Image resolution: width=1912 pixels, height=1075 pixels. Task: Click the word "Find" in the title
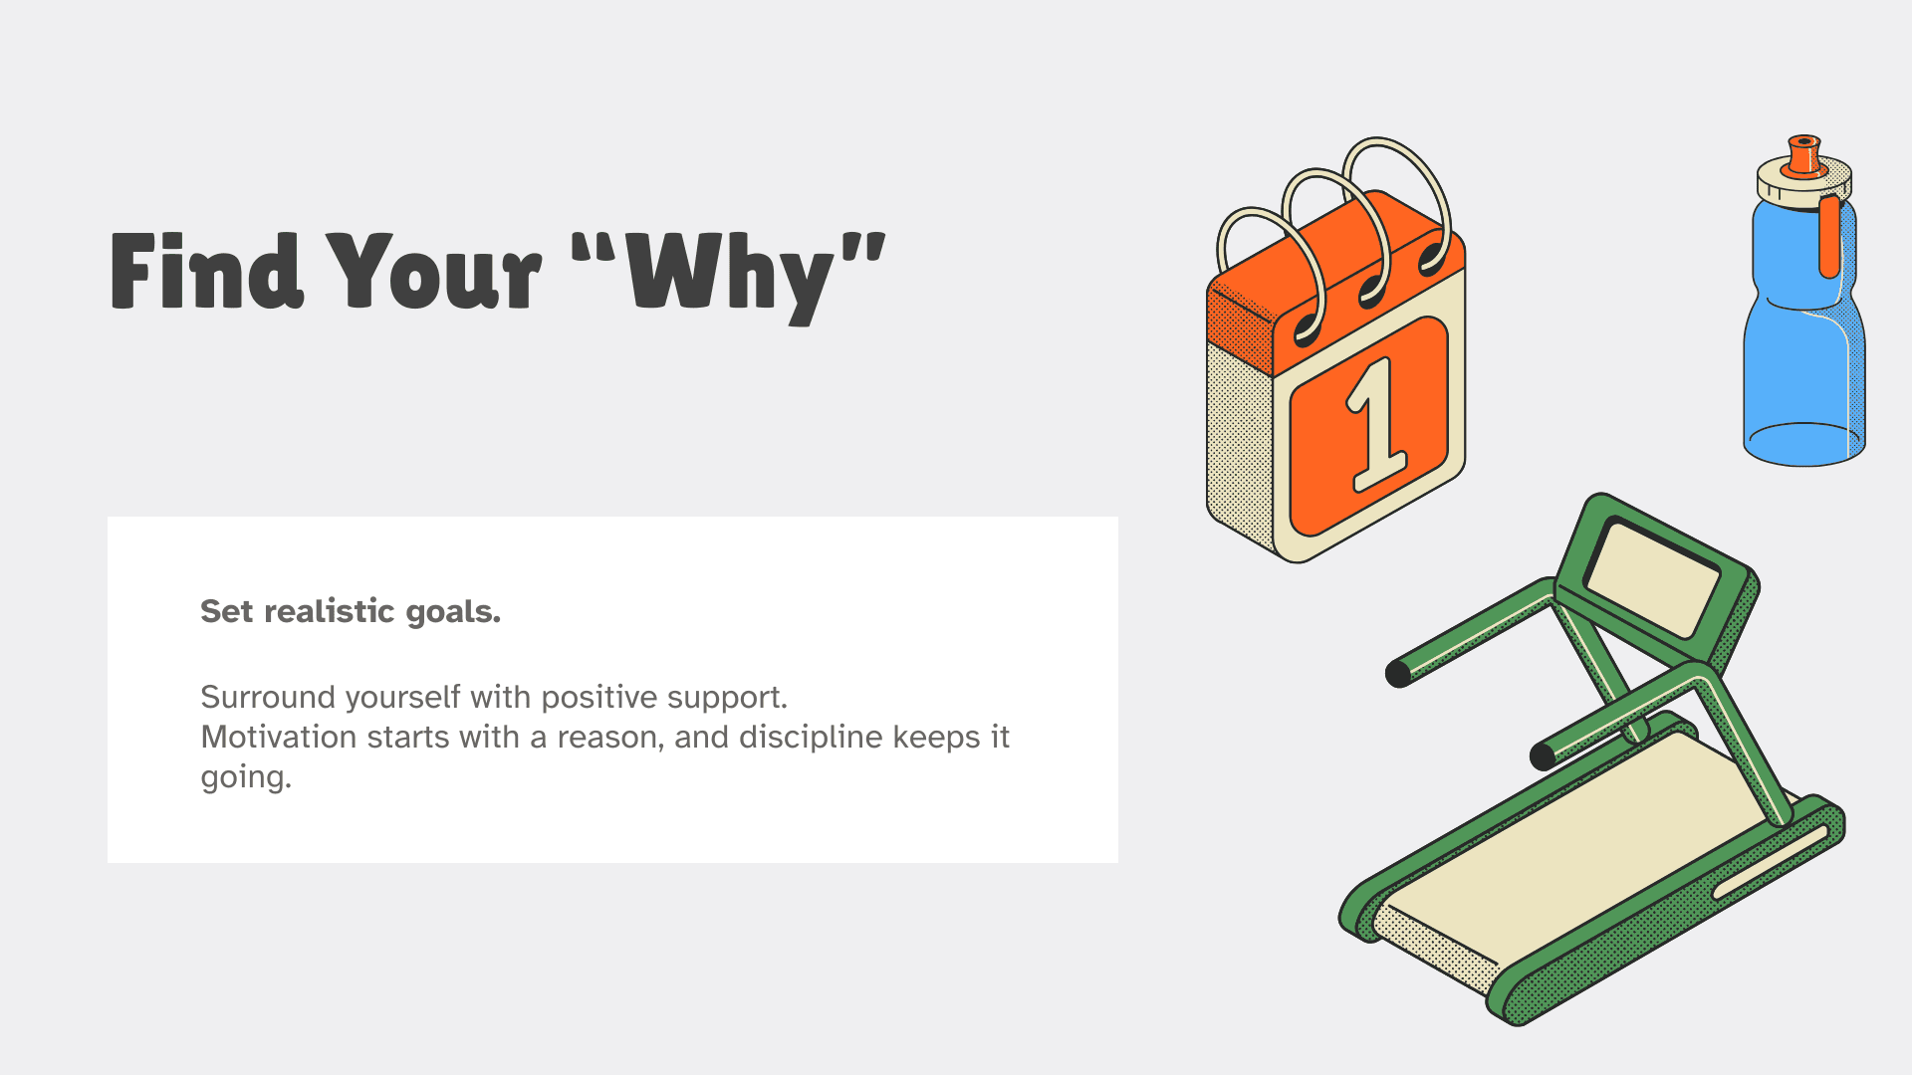(x=206, y=270)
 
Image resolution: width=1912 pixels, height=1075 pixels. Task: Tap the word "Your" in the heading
(x=434, y=270)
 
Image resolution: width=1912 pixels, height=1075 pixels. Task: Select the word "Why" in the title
(x=730, y=277)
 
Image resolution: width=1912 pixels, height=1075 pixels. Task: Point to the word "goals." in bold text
(x=453, y=612)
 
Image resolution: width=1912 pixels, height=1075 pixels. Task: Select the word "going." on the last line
(x=246, y=777)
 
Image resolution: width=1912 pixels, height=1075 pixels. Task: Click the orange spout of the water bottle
(x=1804, y=155)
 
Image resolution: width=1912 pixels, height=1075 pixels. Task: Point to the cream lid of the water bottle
(x=1804, y=184)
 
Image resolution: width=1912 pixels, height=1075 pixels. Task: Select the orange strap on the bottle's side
(x=1829, y=237)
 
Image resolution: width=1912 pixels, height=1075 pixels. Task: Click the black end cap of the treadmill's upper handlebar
(x=1398, y=674)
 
